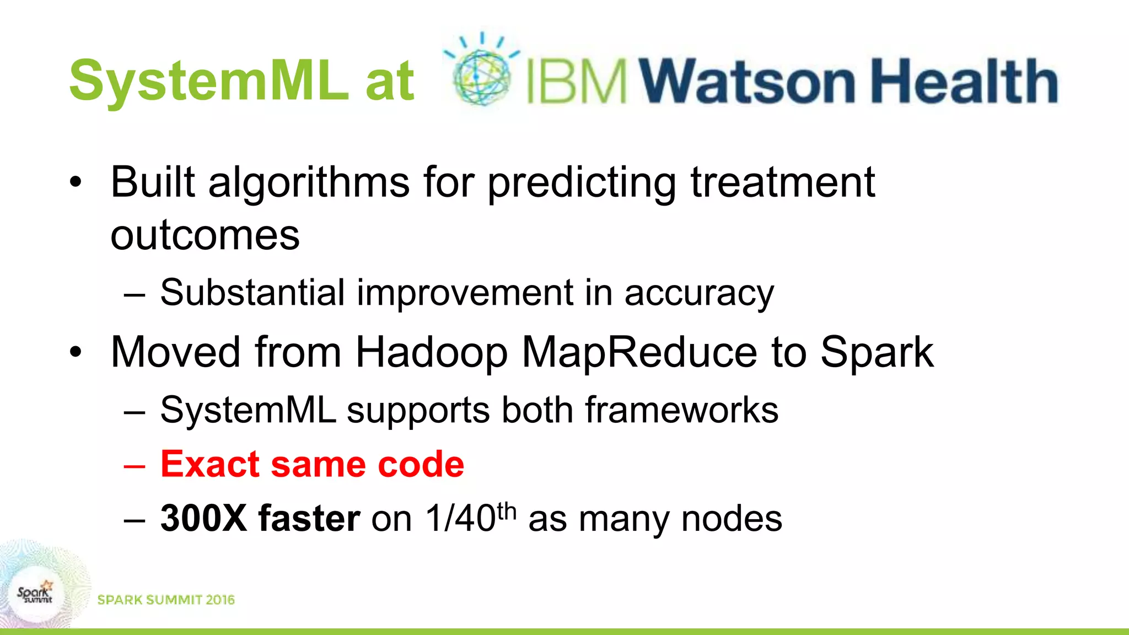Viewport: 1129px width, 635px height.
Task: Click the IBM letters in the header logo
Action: coord(577,82)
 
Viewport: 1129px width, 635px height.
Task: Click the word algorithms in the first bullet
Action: coord(309,183)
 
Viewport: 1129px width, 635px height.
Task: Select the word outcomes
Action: coord(205,236)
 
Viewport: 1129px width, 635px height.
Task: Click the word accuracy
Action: coord(699,293)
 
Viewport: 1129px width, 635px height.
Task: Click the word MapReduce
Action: coord(639,353)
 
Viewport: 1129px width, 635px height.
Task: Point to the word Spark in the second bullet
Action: coord(877,353)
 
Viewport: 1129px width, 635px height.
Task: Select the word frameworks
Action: coord(681,410)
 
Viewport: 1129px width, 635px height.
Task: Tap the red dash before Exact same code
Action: coord(135,466)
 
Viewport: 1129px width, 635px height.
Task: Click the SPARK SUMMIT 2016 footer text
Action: coord(166,600)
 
